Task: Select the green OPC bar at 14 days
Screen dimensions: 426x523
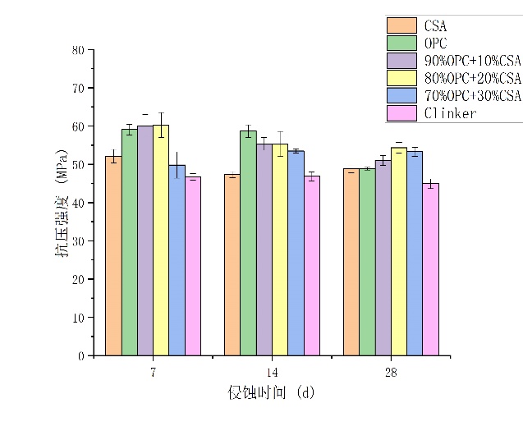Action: pos(248,243)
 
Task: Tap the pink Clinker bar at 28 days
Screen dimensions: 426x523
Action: pos(430,269)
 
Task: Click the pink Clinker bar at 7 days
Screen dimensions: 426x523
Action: pos(193,266)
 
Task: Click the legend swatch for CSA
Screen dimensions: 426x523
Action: pos(401,25)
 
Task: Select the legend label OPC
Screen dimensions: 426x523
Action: pos(435,43)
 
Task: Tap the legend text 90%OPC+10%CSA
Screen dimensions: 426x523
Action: pos(473,61)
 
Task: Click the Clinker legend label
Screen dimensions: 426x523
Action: pos(450,113)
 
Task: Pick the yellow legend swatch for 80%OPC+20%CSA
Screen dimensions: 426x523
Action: pos(401,78)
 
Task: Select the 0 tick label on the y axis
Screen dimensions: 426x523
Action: pos(82,356)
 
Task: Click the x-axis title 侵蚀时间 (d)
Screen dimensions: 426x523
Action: pos(271,392)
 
